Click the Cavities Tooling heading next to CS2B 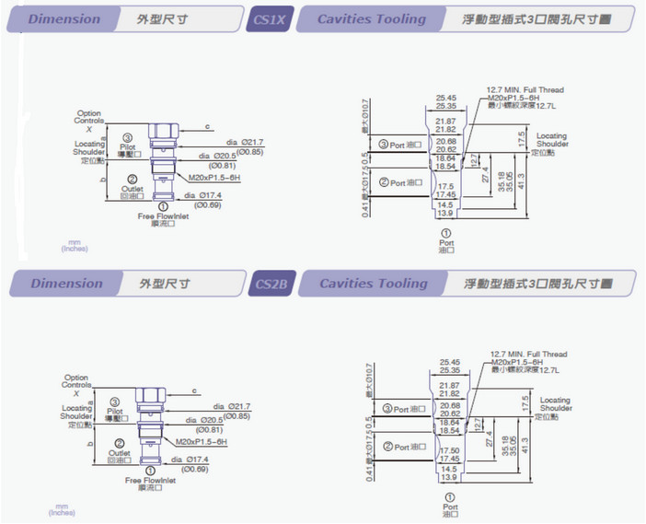tap(373, 284)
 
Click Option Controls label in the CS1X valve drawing tap(89, 117)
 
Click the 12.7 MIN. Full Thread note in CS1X tap(525, 90)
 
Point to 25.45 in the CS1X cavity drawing tap(447, 98)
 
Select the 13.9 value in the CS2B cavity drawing tap(446, 478)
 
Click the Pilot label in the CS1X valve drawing tap(129, 146)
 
